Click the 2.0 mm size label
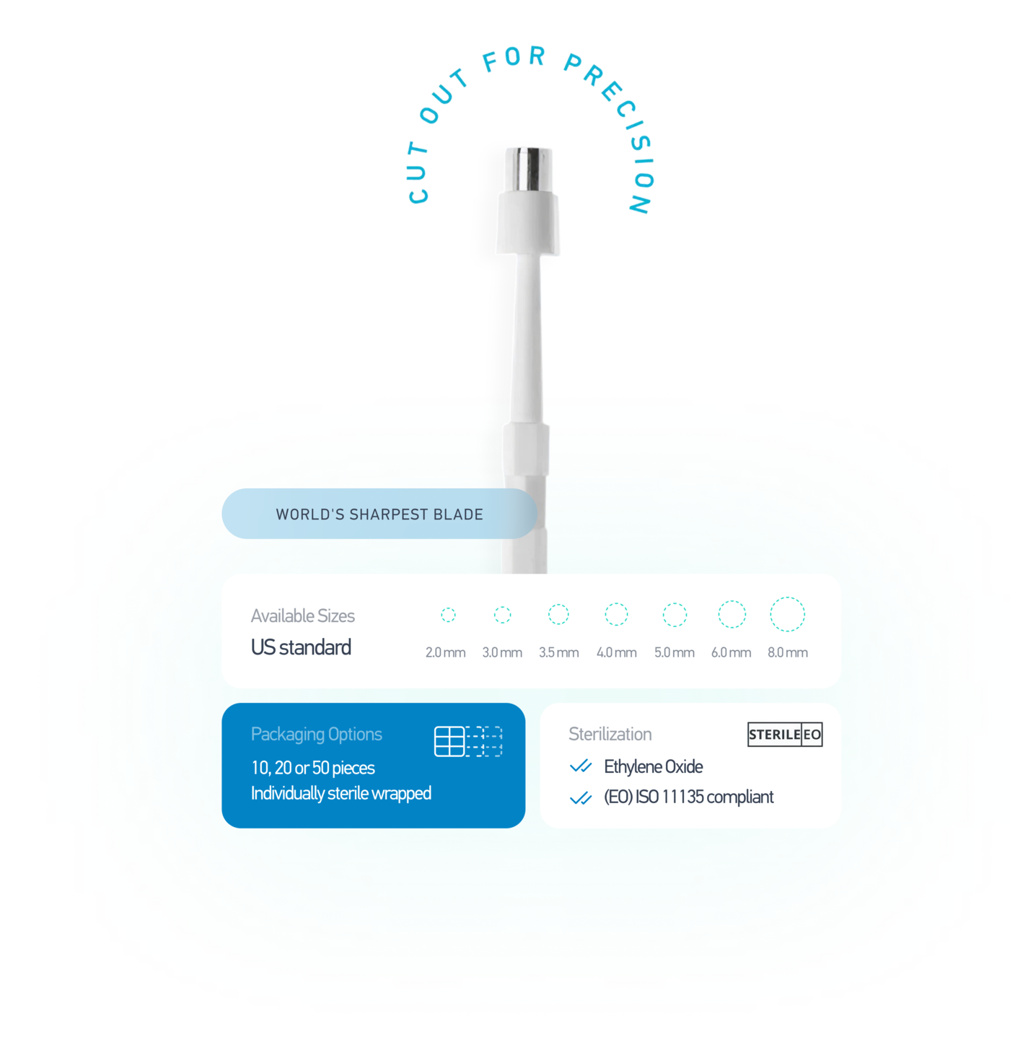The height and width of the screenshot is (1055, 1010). [x=445, y=652]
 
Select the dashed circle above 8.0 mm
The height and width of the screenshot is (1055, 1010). [x=787, y=615]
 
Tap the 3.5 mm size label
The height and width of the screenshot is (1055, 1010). [x=558, y=652]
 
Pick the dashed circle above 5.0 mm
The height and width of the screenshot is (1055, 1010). [x=675, y=615]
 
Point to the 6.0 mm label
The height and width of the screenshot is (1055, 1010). [x=731, y=652]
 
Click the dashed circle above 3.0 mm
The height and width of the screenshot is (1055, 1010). [x=502, y=615]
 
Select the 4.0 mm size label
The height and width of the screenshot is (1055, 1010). [x=616, y=652]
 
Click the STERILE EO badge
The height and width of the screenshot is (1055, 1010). [x=785, y=735]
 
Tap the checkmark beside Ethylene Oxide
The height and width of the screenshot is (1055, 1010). [x=581, y=766]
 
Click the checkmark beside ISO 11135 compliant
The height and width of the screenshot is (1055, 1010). [x=581, y=797]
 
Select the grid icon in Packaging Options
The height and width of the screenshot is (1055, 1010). [x=468, y=741]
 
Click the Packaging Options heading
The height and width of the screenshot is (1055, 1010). [x=316, y=735]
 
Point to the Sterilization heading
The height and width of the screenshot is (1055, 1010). [x=610, y=735]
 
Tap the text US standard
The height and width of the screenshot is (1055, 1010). [x=301, y=647]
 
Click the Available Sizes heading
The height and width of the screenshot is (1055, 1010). [x=302, y=616]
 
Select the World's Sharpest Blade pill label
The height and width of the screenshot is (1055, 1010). [x=379, y=515]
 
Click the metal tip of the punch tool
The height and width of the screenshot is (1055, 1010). [x=529, y=168]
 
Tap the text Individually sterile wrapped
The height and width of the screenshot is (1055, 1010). [x=341, y=794]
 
